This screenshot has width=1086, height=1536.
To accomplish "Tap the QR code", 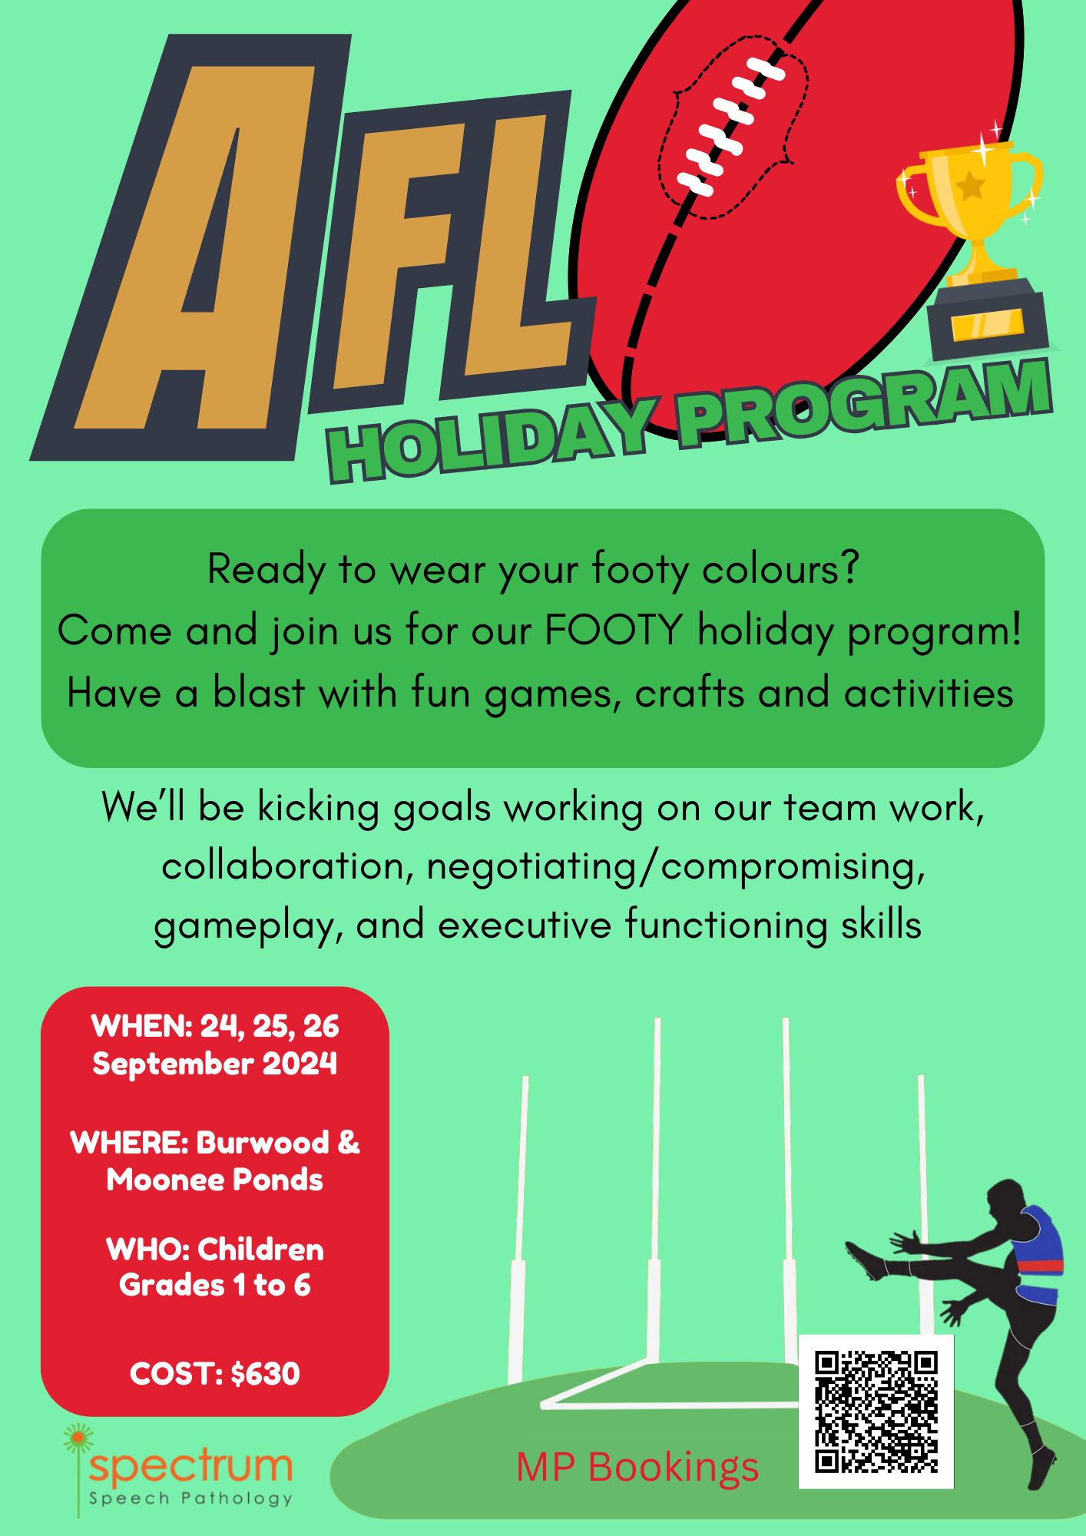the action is [x=876, y=1412].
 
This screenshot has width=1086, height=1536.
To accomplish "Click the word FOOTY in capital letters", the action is [x=614, y=631].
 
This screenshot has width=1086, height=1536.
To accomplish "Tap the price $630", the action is [x=265, y=1374].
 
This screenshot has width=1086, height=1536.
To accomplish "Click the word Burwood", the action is [x=263, y=1143].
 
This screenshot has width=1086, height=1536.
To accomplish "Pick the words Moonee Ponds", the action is [x=215, y=1180].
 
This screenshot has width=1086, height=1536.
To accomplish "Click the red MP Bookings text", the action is [x=637, y=1468].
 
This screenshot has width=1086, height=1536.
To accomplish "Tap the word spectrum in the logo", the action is [x=190, y=1467].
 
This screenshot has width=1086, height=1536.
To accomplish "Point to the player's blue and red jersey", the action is [x=1038, y=1256].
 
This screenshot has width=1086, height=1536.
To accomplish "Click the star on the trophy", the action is [x=971, y=186].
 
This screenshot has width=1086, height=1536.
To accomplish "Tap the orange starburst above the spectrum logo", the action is [x=78, y=1438].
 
